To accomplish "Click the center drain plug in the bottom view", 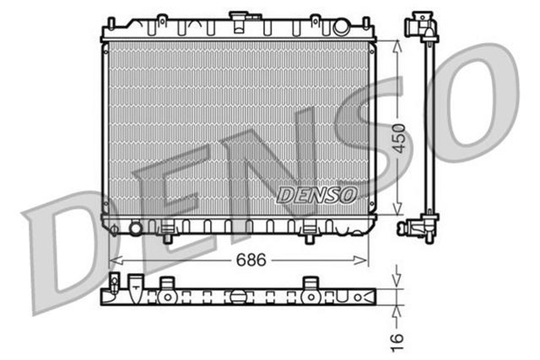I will (x=239, y=296).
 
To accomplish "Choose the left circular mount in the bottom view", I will (x=168, y=298).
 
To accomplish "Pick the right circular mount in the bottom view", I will (x=310, y=298).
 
